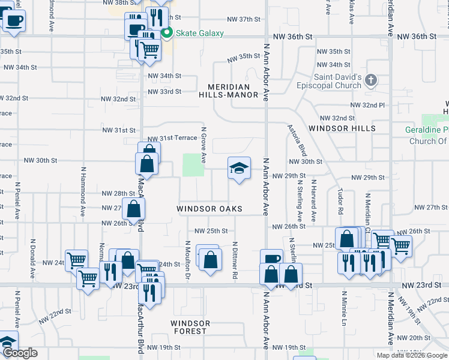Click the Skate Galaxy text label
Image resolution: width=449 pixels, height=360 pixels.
point(200,33)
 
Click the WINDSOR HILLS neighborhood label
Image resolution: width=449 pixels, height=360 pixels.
point(342,128)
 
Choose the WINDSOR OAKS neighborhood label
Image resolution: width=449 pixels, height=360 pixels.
point(209,209)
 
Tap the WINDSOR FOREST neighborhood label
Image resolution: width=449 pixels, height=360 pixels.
point(190,327)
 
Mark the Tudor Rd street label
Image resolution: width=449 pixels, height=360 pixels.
point(340,203)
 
